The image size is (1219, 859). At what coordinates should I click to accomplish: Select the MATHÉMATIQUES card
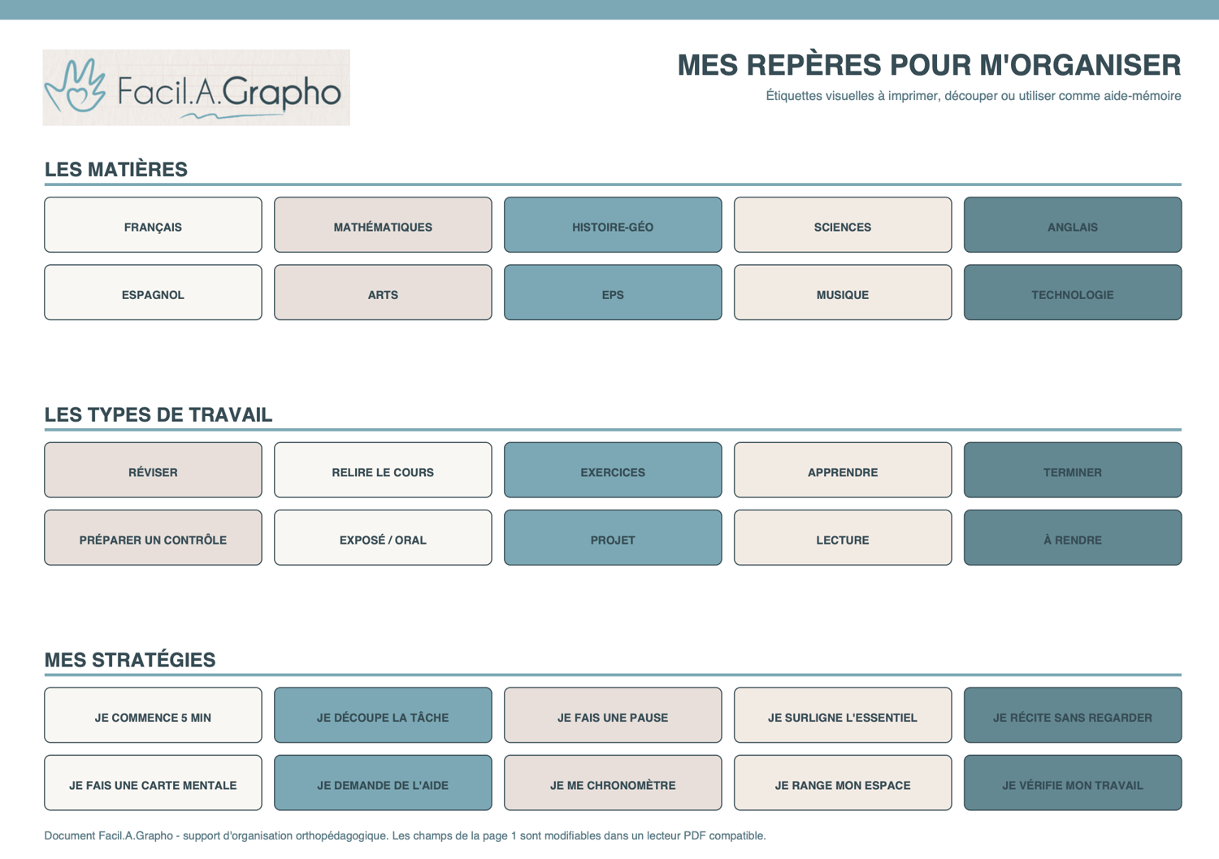(x=383, y=225)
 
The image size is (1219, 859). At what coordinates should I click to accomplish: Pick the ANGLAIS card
(x=1073, y=225)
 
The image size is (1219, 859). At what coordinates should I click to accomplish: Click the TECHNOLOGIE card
(x=1073, y=293)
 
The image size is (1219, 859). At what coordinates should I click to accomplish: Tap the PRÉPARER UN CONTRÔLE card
(x=153, y=537)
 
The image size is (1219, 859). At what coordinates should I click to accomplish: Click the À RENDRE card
(x=1073, y=537)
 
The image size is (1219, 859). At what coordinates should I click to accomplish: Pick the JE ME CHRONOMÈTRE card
(x=613, y=783)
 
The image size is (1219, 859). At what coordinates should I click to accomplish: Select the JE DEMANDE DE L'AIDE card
(x=383, y=783)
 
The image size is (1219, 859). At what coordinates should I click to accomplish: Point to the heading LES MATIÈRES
(x=116, y=169)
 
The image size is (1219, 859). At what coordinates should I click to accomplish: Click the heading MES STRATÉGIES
(x=130, y=660)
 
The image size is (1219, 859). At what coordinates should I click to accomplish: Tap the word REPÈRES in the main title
(x=813, y=65)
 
